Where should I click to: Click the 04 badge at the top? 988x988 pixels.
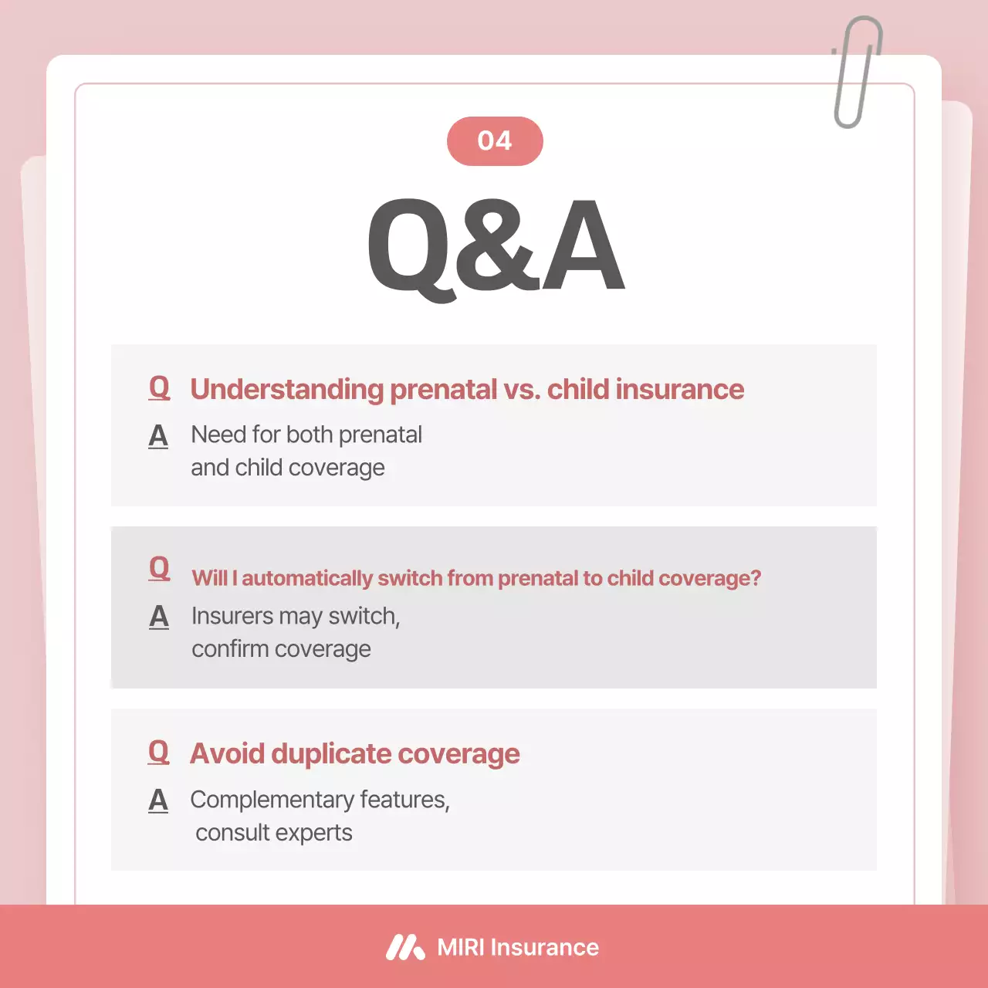495,141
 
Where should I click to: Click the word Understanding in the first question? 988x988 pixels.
286,390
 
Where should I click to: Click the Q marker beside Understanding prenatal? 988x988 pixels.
159,387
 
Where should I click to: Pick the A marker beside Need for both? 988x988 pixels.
158,436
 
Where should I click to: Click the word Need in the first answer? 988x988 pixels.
218,435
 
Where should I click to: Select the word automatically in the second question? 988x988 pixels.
307,578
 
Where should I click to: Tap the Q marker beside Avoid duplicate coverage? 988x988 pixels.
158,752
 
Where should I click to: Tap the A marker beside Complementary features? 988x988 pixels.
158,800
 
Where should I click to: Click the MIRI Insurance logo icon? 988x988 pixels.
405,947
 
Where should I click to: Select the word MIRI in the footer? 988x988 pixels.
460,947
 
